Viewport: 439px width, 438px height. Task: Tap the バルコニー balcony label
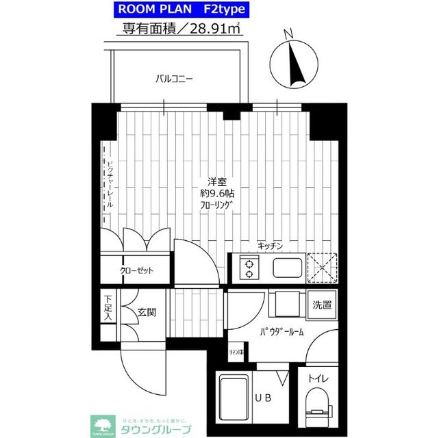(174, 79)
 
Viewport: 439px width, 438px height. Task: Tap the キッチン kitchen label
(271, 244)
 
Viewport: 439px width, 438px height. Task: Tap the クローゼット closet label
(136, 270)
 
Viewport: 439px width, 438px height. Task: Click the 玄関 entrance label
(146, 313)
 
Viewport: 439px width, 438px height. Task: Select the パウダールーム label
(281, 333)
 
